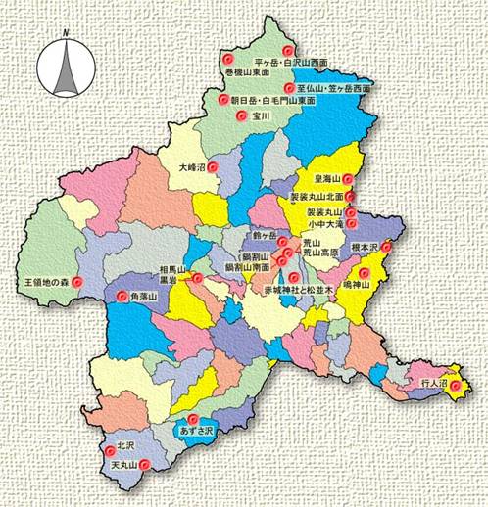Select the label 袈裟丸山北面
pos(316,197)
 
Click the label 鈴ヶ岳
pos(265,238)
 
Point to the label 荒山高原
pos(319,252)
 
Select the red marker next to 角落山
pos(122,296)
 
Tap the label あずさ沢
pos(193,431)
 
